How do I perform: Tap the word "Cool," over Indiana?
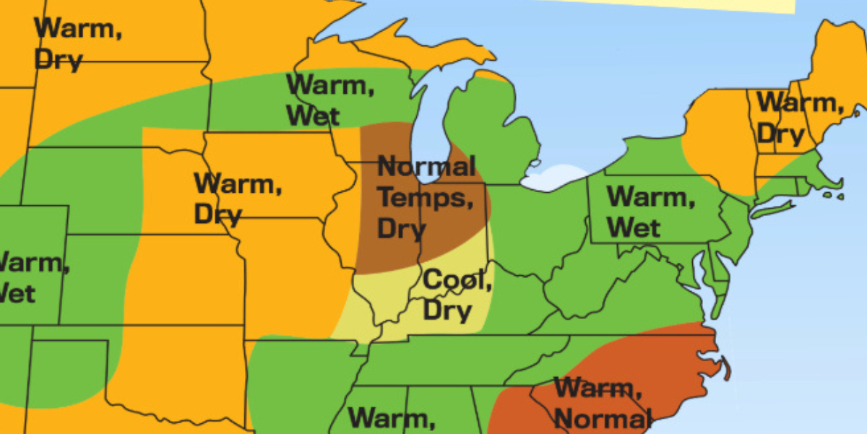tap(457, 279)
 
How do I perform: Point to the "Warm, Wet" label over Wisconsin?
tap(330, 100)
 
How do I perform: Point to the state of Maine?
tap(838, 65)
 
